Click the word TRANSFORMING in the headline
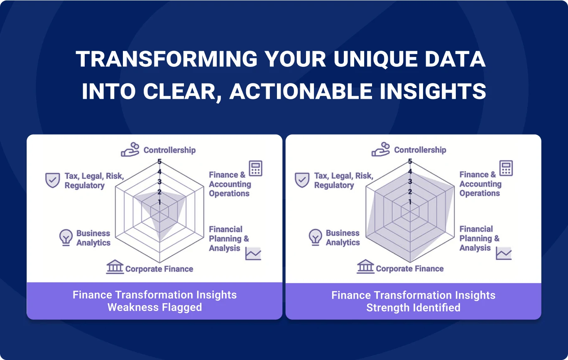[166, 59]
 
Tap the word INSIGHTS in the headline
[433, 91]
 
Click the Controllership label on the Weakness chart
[170, 150]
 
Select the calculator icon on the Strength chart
[506, 168]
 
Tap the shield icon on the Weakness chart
[52, 180]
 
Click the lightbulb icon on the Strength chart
[315, 237]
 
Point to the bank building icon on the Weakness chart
[115, 267]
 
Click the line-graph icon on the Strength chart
[504, 254]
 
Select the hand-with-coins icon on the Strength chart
[381, 149]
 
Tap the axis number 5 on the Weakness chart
[159, 161]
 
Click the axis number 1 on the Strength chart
[410, 202]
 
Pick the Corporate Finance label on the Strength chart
[410, 269]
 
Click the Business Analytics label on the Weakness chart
[93, 238]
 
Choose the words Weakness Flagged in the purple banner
[155, 307]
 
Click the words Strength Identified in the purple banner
[413, 308]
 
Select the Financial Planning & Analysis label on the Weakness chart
[229, 239]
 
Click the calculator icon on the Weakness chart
[255, 168]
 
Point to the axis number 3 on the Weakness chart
[159, 181]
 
